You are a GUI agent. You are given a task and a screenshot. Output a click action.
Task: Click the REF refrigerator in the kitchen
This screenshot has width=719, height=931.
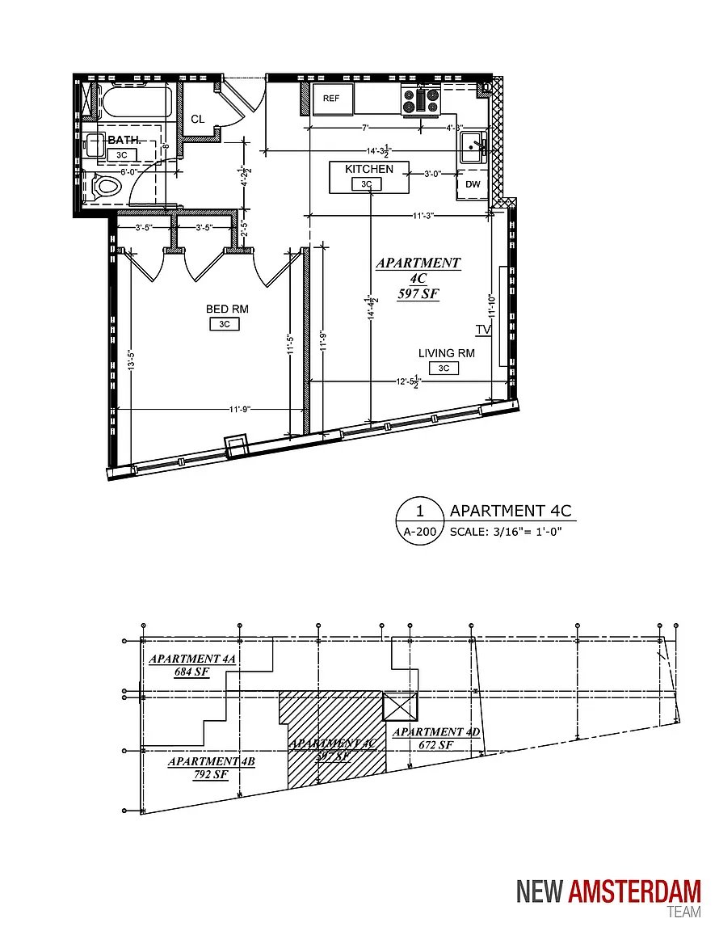click(331, 98)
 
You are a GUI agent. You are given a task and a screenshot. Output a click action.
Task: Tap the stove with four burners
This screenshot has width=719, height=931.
click(421, 100)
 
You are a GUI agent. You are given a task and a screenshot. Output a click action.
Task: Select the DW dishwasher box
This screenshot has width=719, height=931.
click(472, 184)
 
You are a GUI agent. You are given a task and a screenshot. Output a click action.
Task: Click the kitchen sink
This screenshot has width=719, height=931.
click(473, 146)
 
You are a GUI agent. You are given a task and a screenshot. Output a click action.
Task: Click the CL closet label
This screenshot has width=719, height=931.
click(198, 119)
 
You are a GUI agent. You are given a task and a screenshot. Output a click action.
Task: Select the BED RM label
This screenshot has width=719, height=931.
click(227, 309)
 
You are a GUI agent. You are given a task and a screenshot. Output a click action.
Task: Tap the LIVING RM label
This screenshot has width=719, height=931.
click(446, 353)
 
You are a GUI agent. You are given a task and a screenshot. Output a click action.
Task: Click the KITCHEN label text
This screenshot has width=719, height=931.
click(369, 169)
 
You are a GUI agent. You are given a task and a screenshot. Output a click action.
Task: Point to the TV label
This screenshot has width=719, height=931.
click(483, 330)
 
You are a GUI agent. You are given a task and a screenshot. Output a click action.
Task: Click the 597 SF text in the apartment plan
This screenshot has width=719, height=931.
click(418, 294)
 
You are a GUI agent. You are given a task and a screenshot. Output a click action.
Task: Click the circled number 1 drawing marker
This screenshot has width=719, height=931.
click(419, 511)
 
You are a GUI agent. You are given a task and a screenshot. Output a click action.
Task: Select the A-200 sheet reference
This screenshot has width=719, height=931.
click(419, 533)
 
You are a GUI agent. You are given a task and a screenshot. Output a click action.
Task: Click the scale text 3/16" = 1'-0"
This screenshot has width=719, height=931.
click(504, 532)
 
